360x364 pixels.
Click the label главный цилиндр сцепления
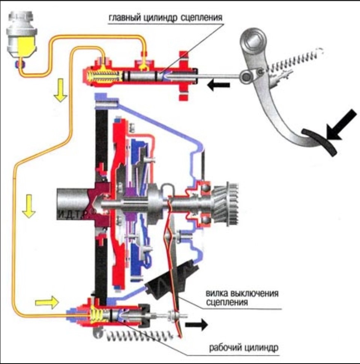166,18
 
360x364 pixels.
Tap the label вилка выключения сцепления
242,298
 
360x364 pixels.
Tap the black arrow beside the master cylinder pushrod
218,85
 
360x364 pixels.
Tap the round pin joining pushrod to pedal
246,76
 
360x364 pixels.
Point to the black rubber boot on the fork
161,285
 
